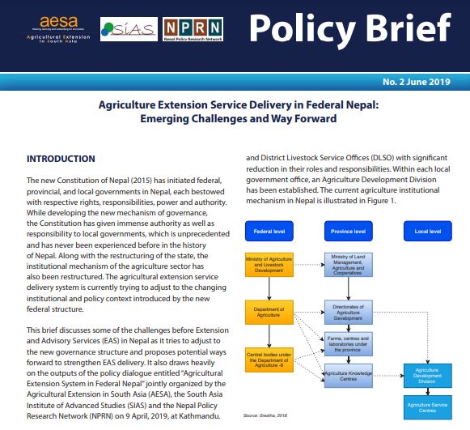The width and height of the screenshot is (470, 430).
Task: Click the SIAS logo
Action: [x=129, y=29]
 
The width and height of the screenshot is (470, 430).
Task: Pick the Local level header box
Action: [x=429, y=231]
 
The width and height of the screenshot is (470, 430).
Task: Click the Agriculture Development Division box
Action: [x=429, y=373]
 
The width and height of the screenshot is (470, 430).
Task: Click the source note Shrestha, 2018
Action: [x=265, y=416]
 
